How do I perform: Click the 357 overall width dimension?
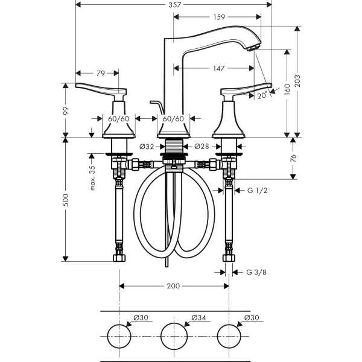click(174, 5)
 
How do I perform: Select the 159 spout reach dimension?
click(219, 17)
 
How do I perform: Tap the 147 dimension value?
click(218, 68)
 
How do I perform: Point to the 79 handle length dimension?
click(101, 73)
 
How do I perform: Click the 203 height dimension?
click(298, 81)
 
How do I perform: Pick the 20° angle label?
click(262, 95)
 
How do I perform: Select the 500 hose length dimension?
click(66, 200)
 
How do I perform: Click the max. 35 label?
click(92, 178)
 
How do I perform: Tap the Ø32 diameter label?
click(147, 147)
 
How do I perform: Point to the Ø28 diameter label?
click(202, 147)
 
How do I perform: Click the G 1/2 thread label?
click(258, 191)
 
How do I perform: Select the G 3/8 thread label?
click(256, 273)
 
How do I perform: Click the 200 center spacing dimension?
click(173, 286)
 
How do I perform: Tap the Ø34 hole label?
click(198, 318)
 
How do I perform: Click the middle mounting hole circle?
click(161, 336)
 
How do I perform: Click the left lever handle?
click(101, 89)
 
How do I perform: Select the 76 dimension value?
click(293, 158)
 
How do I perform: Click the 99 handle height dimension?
click(66, 110)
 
